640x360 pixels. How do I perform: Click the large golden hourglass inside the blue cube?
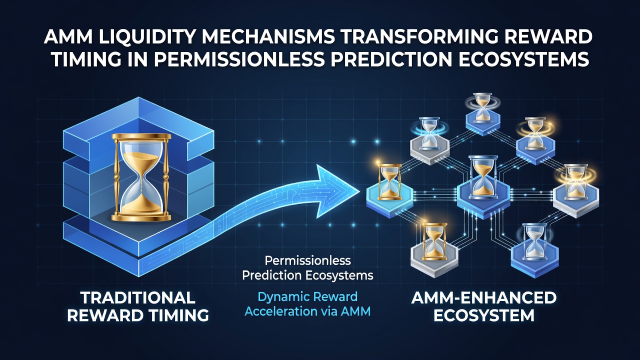[x=141, y=177]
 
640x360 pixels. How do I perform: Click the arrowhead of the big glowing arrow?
[x=337, y=191]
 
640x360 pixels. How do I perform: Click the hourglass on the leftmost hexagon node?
[x=389, y=181]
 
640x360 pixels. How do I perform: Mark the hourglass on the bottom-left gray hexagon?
[x=434, y=241]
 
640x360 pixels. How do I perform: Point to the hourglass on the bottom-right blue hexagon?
[x=534, y=241]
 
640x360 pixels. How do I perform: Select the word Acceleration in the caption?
[x=281, y=311]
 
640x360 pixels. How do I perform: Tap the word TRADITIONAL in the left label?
[x=137, y=298]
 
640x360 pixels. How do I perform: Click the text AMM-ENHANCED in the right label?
[x=483, y=298]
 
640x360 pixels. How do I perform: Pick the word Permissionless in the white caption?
[x=307, y=260]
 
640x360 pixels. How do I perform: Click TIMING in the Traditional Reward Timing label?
[x=178, y=315]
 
